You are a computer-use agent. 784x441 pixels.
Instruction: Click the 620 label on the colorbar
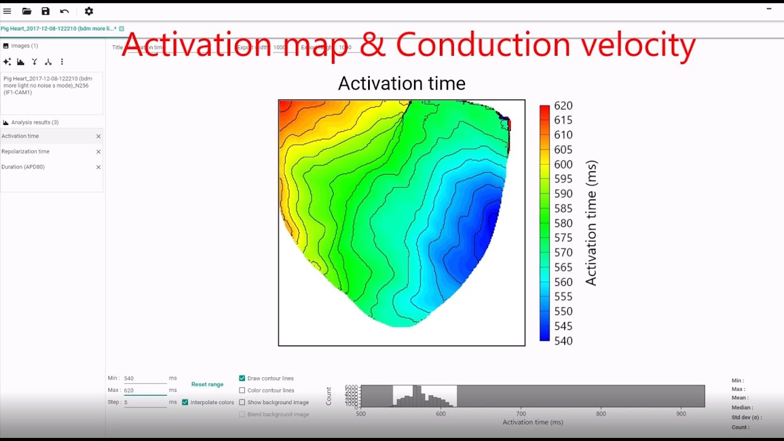[x=563, y=105]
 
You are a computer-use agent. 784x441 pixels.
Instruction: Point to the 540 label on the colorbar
[x=563, y=341]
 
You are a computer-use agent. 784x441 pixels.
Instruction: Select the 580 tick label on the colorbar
[x=563, y=224]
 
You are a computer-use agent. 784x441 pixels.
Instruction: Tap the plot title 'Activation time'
[x=401, y=83]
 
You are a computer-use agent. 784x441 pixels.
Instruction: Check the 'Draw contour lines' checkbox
[x=242, y=379]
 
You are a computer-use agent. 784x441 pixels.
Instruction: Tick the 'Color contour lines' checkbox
[x=242, y=390]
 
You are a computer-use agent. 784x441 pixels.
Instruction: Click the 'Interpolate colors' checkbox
[x=185, y=402]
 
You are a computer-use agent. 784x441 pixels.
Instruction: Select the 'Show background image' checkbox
[x=242, y=402]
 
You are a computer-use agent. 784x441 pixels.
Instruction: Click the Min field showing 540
[x=145, y=379]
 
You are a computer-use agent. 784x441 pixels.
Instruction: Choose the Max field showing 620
[x=145, y=390]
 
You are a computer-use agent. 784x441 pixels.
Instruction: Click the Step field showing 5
[x=145, y=402]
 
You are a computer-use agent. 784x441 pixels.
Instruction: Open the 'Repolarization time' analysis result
[x=26, y=151]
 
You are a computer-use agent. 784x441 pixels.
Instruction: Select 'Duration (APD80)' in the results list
[x=23, y=167]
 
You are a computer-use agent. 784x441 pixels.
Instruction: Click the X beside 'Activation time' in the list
[x=98, y=136]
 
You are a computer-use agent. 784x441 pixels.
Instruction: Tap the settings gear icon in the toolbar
[x=89, y=11]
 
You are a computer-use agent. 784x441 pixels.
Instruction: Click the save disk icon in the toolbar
[x=45, y=11]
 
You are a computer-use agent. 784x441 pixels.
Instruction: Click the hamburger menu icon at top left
[x=7, y=11]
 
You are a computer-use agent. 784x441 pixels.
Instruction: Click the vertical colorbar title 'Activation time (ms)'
[x=591, y=224]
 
